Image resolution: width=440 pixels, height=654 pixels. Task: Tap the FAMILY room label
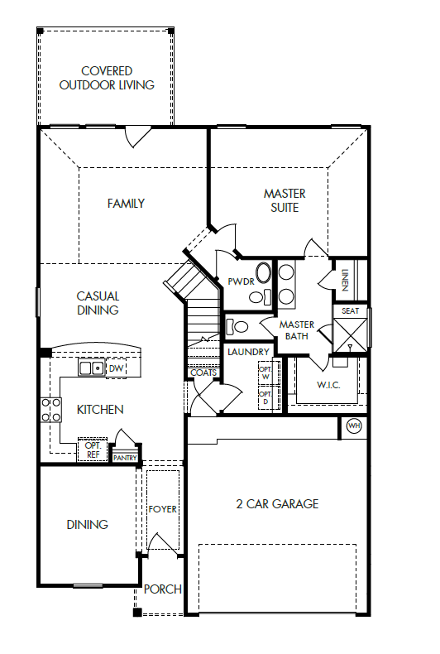(126, 204)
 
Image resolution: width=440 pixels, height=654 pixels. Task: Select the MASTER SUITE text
(285, 200)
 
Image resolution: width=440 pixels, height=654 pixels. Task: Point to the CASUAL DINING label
(98, 303)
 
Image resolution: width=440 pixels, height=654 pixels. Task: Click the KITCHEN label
(100, 410)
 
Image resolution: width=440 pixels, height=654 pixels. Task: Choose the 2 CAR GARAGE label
(277, 503)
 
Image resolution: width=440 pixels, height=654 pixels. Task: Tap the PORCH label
(162, 589)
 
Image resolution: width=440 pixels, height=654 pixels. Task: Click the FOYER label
(162, 509)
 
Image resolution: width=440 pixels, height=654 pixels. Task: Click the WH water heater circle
(354, 426)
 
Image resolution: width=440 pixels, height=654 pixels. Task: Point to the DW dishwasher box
(116, 368)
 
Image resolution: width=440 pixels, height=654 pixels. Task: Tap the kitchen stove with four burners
(51, 410)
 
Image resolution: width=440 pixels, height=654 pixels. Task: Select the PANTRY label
(125, 457)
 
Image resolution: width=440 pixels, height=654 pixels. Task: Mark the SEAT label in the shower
(349, 312)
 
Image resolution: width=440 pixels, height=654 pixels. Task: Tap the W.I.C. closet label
(329, 386)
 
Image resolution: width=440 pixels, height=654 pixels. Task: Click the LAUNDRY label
(248, 352)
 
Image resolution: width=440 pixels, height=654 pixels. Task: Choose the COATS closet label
(203, 373)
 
